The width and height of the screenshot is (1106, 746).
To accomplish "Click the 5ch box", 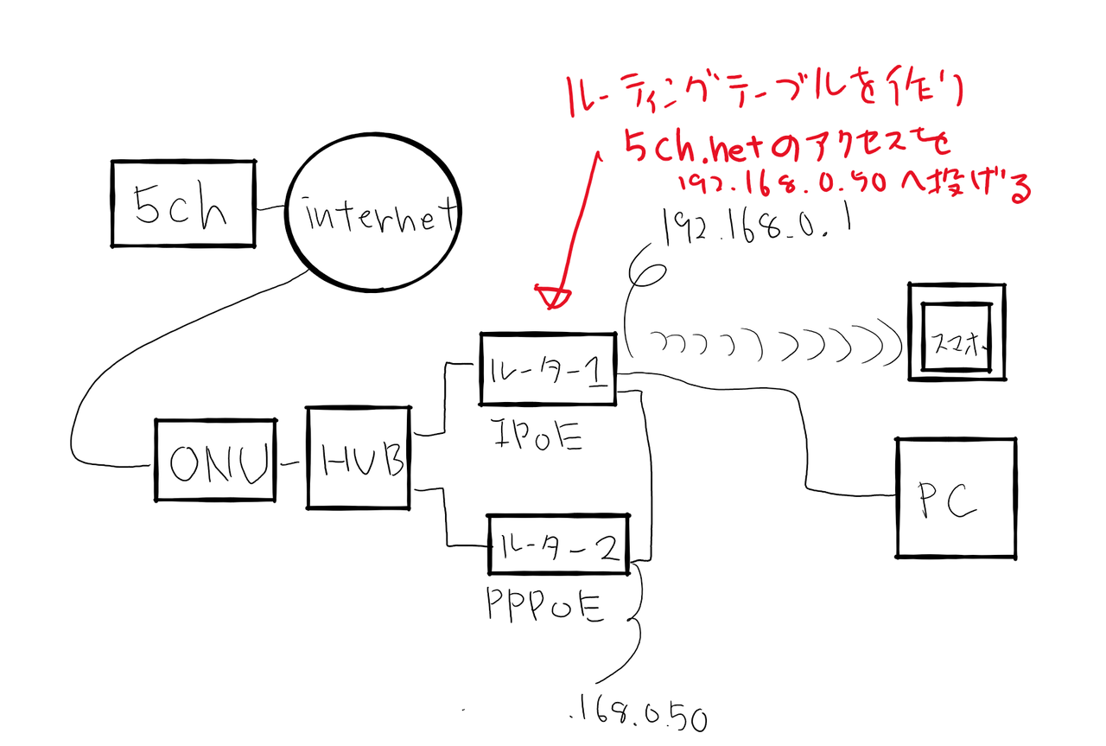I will [183, 204].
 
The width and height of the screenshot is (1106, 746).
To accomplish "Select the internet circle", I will [372, 215].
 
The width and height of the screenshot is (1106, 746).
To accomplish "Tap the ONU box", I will [215, 461].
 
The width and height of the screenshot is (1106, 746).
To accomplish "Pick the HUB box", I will [359, 457].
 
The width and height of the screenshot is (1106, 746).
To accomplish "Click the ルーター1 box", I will [548, 369].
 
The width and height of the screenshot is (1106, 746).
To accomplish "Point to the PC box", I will [955, 498].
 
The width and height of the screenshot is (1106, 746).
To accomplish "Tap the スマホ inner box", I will [954, 338].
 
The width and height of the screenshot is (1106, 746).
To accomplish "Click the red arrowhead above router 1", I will [553, 296].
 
